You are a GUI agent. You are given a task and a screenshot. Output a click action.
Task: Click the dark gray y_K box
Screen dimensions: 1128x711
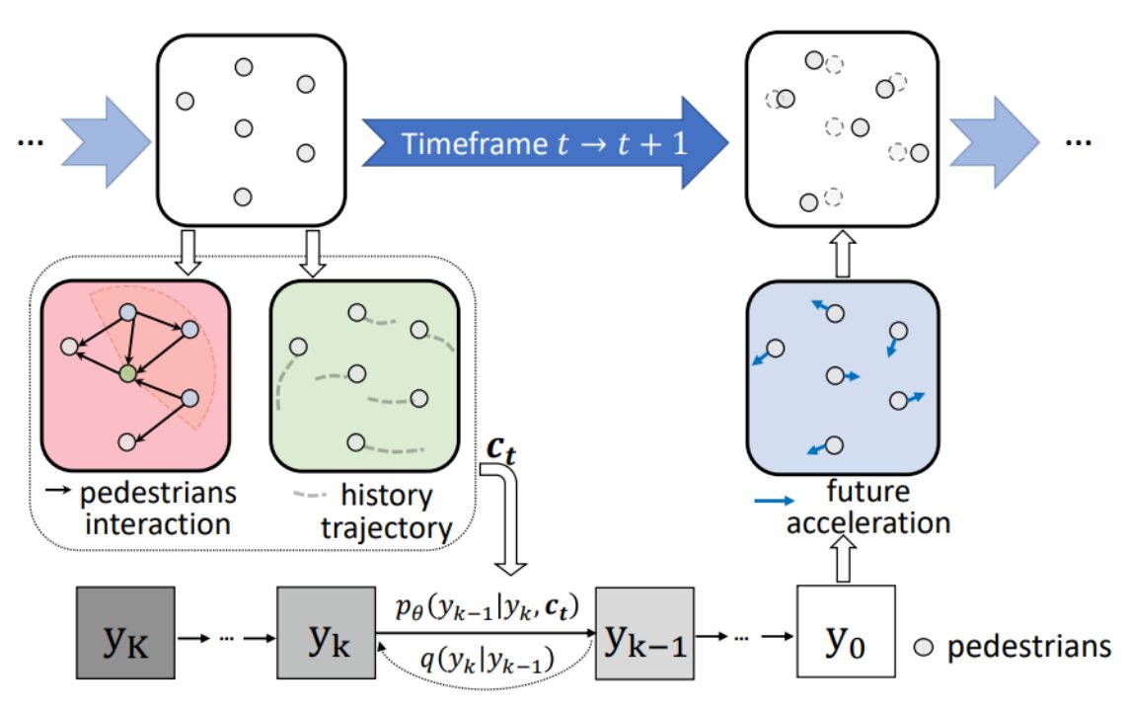[x=126, y=633]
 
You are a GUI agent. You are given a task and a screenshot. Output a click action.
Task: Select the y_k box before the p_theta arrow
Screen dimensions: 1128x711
[x=326, y=633]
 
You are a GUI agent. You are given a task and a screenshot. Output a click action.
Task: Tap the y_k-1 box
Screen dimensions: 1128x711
[x=644, y=633]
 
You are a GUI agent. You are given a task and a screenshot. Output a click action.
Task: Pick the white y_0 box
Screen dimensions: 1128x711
[x=846, y=631]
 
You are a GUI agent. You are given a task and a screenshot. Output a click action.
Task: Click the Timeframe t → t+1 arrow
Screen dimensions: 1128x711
[x=545, y=142]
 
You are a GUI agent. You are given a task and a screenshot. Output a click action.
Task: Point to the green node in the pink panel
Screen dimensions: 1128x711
[x=128, y=373]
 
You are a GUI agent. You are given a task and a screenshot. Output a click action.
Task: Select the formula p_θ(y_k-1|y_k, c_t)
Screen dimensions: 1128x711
[x=488, y=608]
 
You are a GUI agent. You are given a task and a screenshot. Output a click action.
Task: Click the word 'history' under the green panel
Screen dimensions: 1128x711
[x=386, y=496]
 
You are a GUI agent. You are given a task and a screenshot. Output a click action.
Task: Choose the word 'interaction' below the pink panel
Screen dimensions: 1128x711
[x=158, y=524]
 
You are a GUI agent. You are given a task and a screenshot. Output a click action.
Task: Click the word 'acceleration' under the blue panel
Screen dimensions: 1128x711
[x=868, y=522]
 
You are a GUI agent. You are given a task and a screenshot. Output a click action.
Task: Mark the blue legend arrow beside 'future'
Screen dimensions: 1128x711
[x=775, y=500]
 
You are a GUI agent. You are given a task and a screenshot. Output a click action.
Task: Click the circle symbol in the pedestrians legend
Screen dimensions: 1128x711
[x=924, y=647]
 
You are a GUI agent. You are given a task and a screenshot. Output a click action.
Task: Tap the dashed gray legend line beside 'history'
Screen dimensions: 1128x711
[x=310, y=495]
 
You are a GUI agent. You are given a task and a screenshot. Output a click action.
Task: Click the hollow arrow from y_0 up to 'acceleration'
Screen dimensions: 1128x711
[x=844, y=559]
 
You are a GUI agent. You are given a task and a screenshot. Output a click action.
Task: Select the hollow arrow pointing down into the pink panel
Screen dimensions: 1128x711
[x=188, y=252]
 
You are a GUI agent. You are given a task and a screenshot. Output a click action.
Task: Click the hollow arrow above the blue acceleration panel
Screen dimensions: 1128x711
[x=843, y=254]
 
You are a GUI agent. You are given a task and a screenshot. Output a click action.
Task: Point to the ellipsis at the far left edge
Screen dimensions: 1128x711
[x=31, y=142]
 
